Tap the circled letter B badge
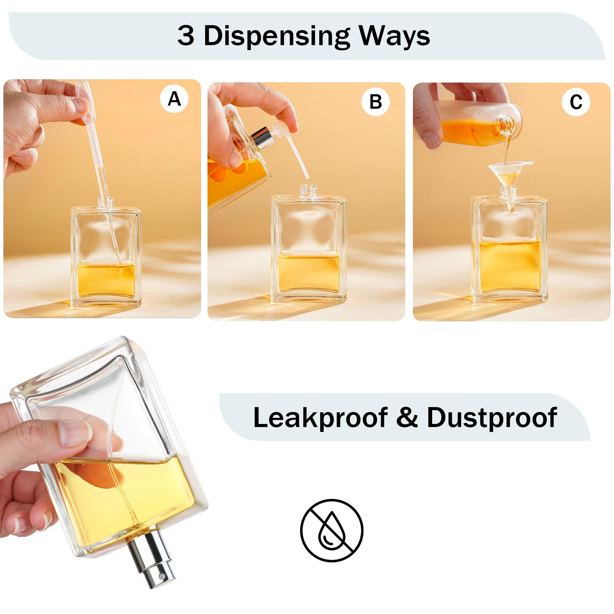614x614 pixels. coord(375,102)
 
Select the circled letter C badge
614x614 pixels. coord(576,102)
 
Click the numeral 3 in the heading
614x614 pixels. coord(186,36)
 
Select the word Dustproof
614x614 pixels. coord(492,417)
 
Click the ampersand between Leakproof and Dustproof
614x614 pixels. coord(407,418)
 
